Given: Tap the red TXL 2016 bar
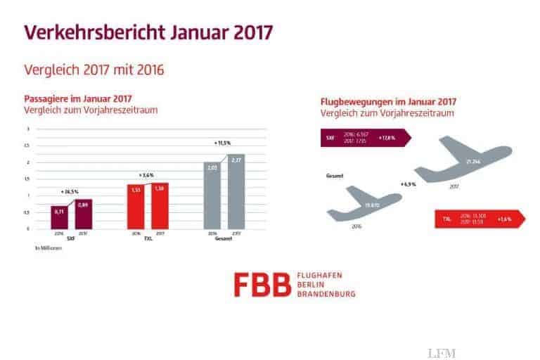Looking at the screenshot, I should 136,206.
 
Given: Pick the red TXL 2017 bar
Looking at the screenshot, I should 160,205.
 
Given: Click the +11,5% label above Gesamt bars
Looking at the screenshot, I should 224,144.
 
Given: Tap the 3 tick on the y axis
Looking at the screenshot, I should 28,129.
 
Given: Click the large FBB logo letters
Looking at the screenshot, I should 262,282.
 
